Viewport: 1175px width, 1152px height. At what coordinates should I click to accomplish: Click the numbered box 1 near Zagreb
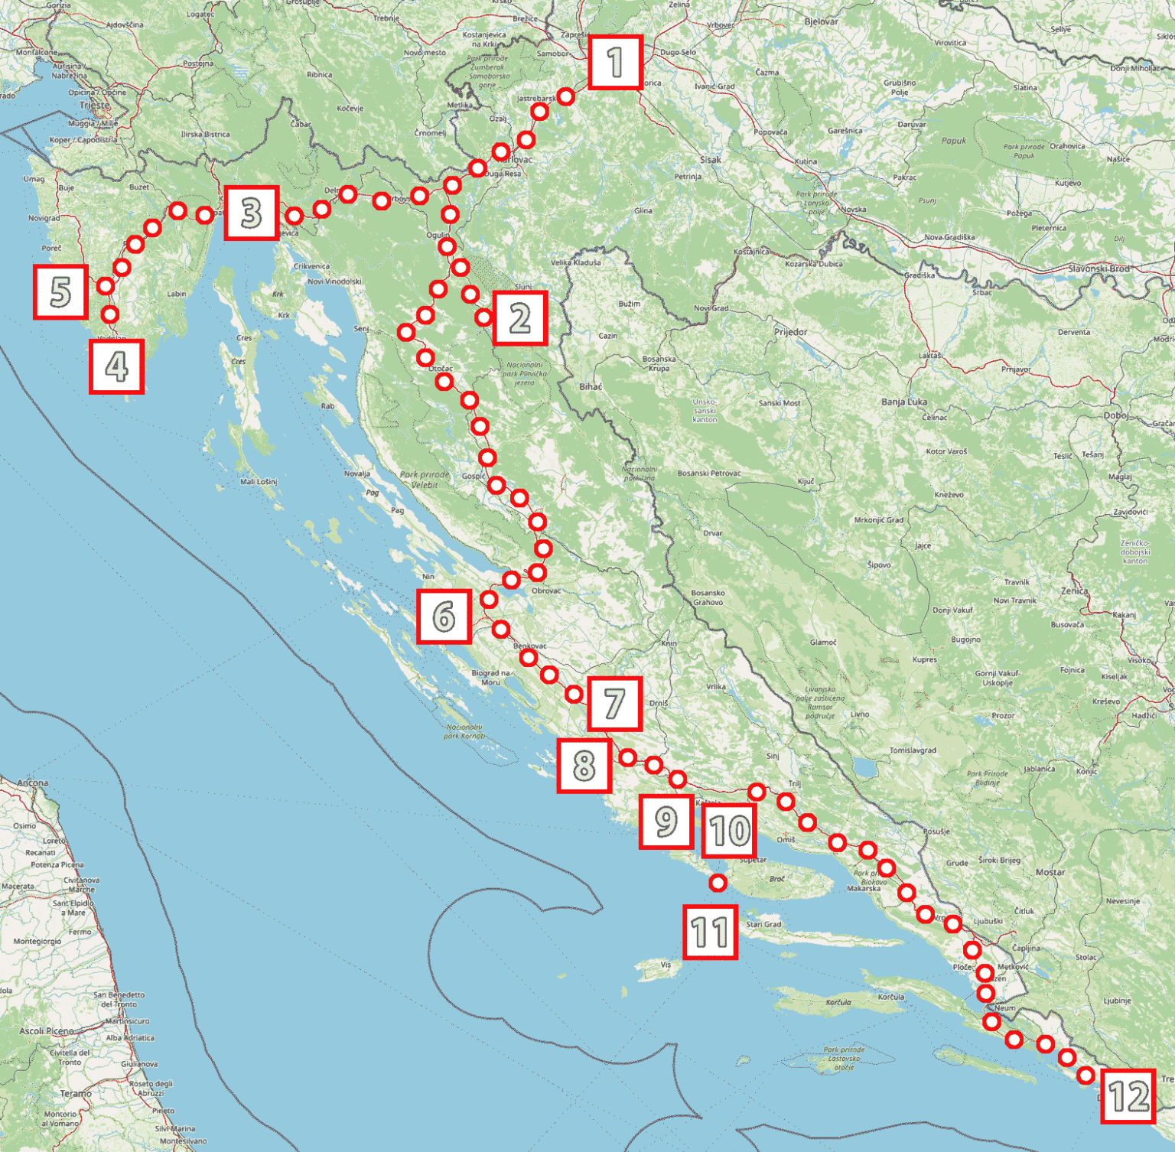(615, 63)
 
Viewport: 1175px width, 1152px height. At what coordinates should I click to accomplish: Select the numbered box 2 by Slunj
(520, 318)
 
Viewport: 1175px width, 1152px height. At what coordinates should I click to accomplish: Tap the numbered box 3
(251, 213)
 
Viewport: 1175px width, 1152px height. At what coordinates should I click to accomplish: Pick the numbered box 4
(116, 367)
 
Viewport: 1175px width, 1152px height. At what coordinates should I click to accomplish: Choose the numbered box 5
(60, 292)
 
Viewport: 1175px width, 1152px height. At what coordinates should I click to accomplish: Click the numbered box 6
(444, 617)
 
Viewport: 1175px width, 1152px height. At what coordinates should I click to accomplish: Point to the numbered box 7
(614, 704)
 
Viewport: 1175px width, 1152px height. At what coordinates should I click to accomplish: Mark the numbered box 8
(584, 765)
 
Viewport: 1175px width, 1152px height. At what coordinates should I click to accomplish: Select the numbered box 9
(666, 822)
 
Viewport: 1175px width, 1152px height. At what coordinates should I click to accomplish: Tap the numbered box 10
(729, 831)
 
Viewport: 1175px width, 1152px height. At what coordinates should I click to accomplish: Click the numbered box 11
(711, 932)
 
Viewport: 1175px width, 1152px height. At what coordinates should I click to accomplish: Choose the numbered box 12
(1128, 1096)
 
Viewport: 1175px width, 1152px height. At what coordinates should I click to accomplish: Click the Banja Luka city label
(903, 402)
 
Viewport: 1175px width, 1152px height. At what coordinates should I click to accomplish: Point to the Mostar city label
(1050, 872)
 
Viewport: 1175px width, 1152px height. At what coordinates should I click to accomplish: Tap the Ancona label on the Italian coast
(32, 783)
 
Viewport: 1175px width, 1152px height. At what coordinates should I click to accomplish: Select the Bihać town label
(590, 386)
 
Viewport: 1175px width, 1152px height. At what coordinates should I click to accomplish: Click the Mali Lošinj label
(259, 481)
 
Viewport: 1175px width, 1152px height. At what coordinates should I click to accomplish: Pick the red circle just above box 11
(718, 883)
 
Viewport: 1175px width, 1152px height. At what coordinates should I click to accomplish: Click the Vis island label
(666, 965)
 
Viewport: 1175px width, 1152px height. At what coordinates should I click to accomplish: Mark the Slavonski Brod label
(1099, 268)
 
